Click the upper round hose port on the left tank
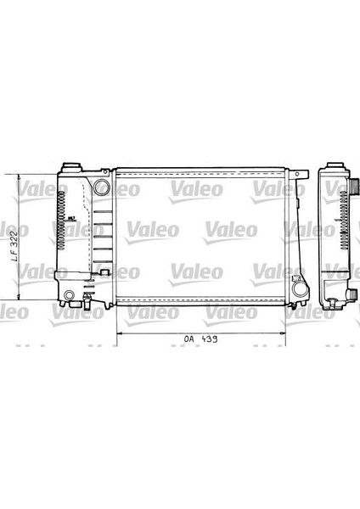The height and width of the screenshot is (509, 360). tap(102, 186)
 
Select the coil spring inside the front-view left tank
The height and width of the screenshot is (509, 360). tap(61, 220)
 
